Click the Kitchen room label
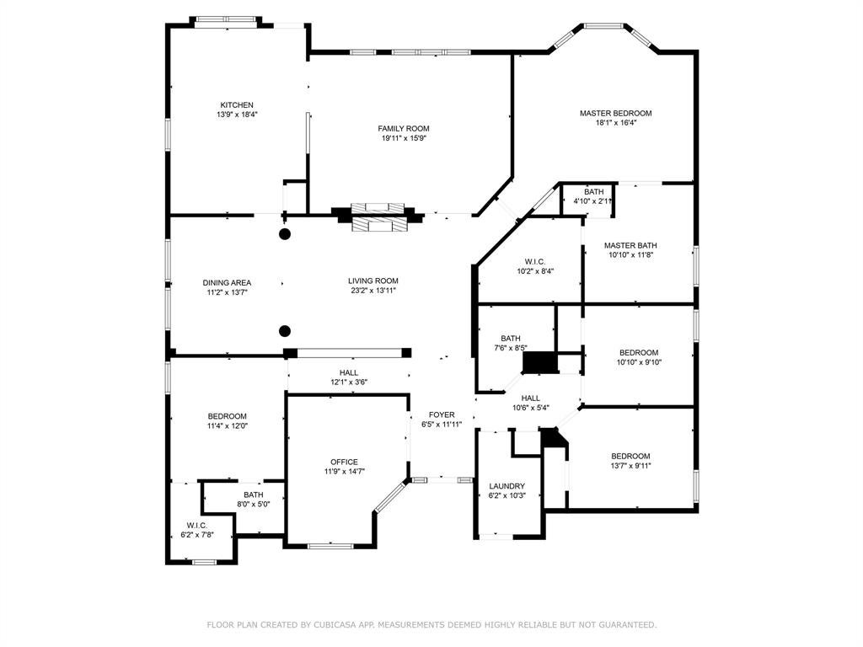237,105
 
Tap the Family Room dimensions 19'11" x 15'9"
404,138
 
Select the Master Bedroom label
615,114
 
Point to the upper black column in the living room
285,234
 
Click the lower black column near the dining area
285,331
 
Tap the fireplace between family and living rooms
378,217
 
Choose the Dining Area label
227,283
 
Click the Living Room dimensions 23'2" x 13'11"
373,291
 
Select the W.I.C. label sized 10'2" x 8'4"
535,262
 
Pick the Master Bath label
630,245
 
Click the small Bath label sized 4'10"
594,192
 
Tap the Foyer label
442,414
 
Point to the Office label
344,463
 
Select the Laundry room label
507,486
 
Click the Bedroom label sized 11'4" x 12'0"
227,416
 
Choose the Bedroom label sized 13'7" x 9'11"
630,456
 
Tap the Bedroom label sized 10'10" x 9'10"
639,353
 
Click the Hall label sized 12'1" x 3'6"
348,373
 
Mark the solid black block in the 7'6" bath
540,363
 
